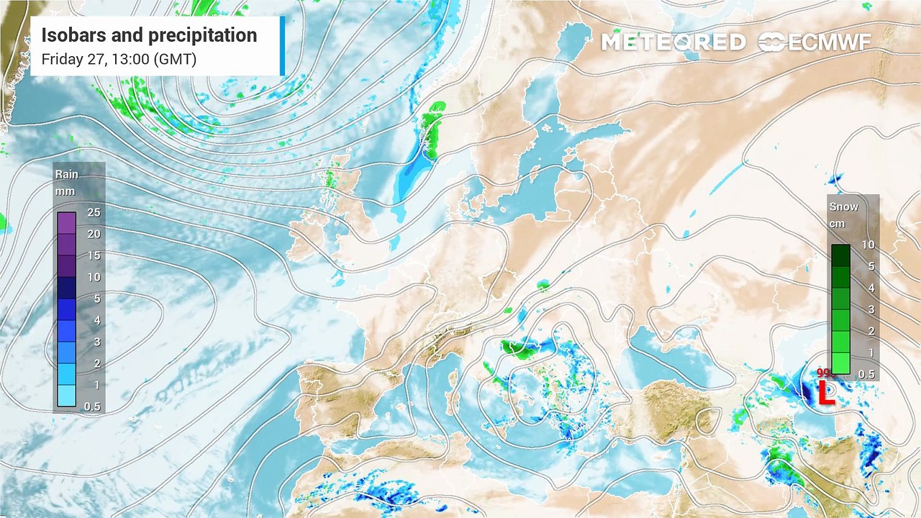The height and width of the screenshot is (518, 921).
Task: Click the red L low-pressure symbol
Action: click(827, 393)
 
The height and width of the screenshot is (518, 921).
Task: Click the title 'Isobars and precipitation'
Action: click(149, 35)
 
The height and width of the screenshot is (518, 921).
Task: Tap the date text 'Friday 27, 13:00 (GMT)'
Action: click(119, 59)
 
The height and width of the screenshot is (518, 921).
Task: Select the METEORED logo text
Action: click(673, 42)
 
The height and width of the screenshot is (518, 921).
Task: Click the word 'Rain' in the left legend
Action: click(66, 174)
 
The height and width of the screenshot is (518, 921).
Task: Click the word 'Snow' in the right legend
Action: click(843, 206)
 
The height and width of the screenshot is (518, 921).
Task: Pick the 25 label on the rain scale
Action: click(94, 212)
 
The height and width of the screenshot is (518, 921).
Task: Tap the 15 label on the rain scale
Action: click(94, 255)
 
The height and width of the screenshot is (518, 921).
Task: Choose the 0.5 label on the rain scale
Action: click(94, 406)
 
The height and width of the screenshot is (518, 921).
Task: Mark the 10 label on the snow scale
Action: click(868, 245)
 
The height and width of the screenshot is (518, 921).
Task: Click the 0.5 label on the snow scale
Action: click(867, 374)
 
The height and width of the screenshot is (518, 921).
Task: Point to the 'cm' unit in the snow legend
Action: click(837, 224)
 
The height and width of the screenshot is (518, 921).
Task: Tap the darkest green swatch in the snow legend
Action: click(840, 255)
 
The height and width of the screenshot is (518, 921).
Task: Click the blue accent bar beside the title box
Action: click(282, 45)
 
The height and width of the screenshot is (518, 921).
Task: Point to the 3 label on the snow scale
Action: click(868, 309)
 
